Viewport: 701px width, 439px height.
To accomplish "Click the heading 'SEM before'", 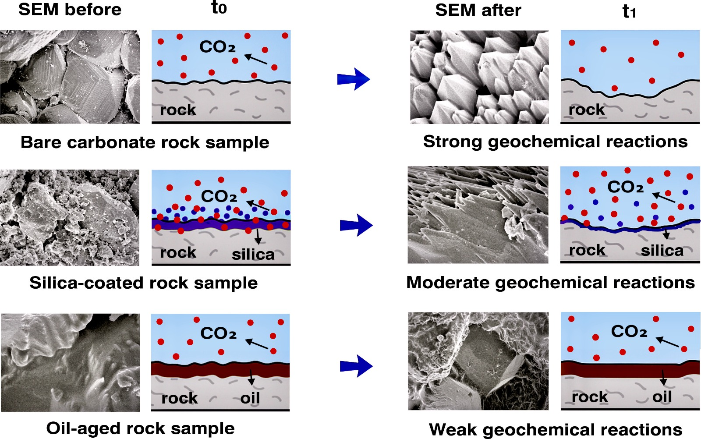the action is point(70,10).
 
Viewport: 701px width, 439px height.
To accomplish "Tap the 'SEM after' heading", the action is point(478,11).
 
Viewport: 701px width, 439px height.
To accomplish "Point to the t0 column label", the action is point(219,8).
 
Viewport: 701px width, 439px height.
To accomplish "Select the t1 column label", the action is point(629,11).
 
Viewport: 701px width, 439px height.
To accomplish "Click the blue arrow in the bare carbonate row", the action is point(354,79).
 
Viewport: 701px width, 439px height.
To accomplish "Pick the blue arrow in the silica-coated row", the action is point(356,225).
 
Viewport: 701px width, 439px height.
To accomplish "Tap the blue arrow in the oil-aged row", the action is point(356,366).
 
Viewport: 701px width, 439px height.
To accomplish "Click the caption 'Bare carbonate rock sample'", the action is point(145,142).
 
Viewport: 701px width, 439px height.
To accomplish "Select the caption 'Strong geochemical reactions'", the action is point(556,142).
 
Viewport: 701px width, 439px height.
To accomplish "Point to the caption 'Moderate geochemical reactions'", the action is point(550,283).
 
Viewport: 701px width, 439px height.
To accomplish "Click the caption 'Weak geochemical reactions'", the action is point(556,430).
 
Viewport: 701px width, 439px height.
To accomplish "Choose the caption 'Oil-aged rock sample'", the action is point(141,428).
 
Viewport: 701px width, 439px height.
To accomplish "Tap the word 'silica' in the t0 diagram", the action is point(253,255).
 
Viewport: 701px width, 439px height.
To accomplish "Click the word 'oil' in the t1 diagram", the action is point(662,397).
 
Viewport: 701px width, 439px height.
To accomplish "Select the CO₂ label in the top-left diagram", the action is point(217,47).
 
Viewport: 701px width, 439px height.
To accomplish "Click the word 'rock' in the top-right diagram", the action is point(587,110).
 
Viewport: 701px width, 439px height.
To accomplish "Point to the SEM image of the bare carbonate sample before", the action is point(70,77).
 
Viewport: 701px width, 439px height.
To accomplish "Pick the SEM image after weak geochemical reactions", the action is point(478,361).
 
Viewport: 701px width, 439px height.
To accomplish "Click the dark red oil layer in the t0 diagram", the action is point(220,370).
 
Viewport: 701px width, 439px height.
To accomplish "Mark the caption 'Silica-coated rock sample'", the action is point(144,283).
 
